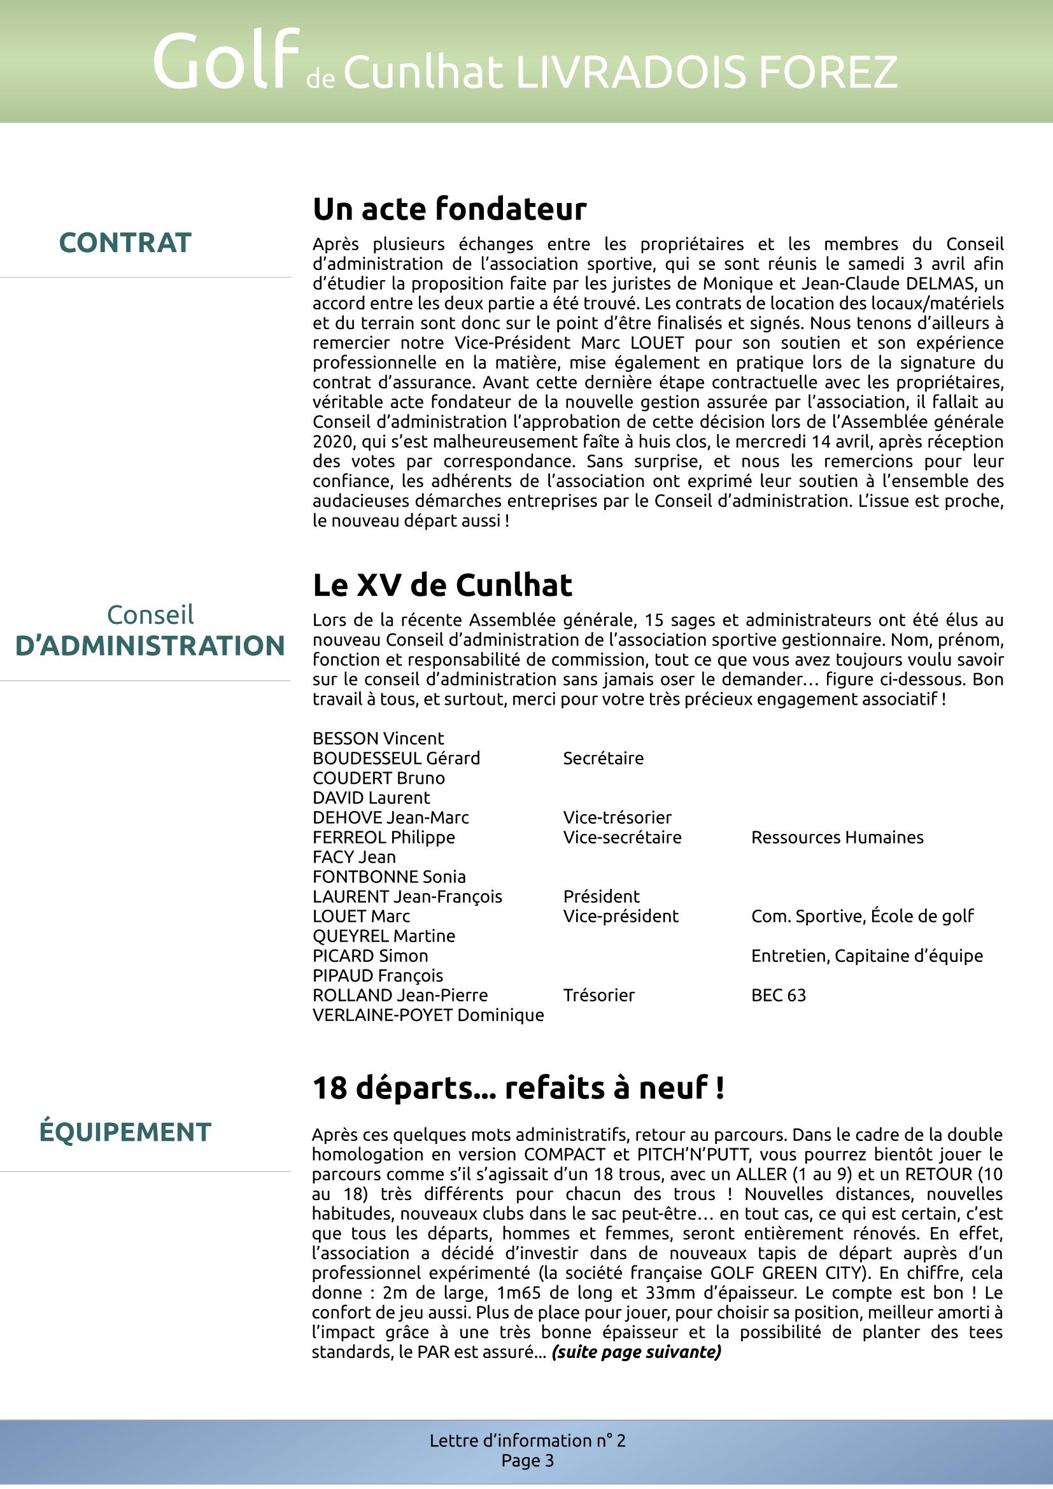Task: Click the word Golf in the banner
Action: (225, 62)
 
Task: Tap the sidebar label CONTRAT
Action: (125, 243)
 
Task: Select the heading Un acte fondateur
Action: (449, 209)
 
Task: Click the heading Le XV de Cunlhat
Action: (442, 585)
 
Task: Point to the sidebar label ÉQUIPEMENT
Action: (125, 1132)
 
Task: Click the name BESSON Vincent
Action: (378, 738)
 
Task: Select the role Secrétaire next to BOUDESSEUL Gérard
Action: (603, 758)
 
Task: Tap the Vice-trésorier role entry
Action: (617, 817)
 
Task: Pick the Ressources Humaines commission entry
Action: (837, 837)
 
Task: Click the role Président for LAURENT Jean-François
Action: (601, 896)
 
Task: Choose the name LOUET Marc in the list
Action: (361, 916)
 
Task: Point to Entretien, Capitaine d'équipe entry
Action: (867, 956)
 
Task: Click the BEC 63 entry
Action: (778, 995)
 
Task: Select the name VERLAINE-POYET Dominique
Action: (428, 1015)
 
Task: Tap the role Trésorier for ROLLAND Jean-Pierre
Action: (598, 995)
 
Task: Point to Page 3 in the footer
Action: (527, 1460)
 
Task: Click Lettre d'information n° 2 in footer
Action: (527, 1441)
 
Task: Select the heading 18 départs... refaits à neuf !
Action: (518, 1087)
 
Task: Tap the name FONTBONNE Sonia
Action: (389, 877)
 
